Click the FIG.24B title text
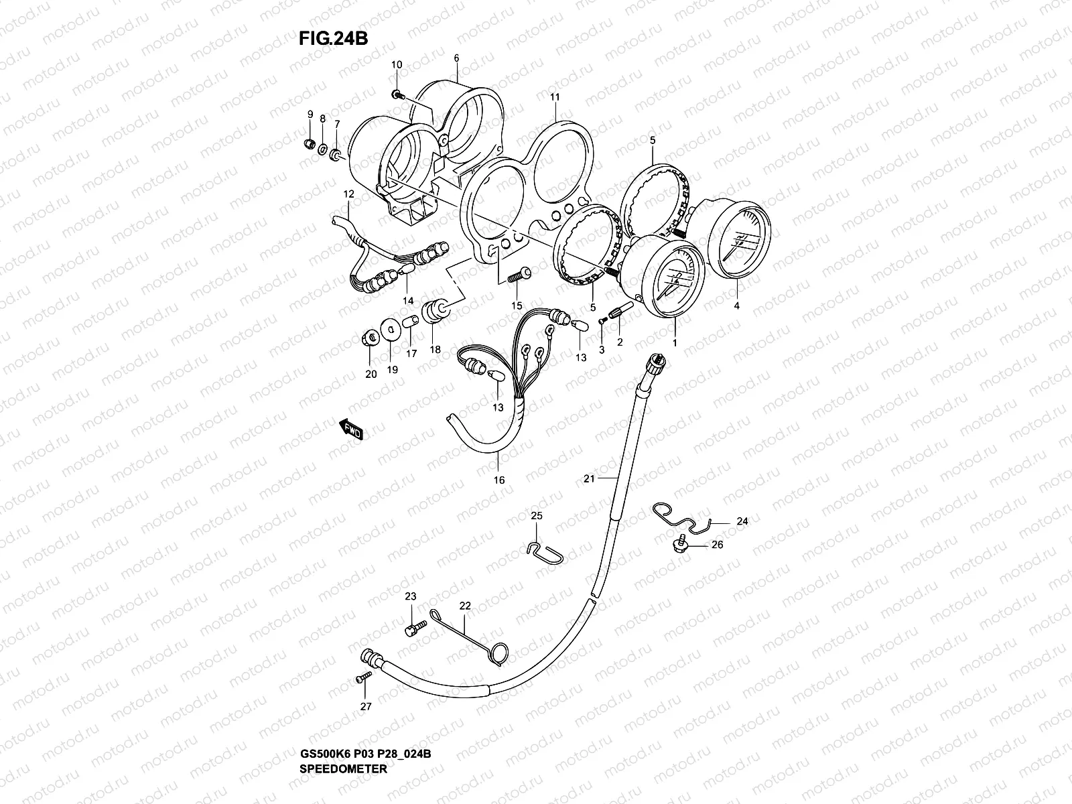pyautogui.click(x=334, y=39)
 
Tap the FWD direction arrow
pyautogui.click(x=351, y=429)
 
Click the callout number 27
pyautogui.click(x=365, y=706)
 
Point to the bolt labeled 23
pyautogui.click(x=415, y=628)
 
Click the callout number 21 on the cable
pyautogui.click(x=589, y=478)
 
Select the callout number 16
pyautogui.click(x=499, y=480)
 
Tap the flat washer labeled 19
pyautogui.click(x=389, y=329)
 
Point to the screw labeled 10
pyautogui.click(x=397, y=95)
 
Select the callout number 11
pyautogui.click(x=555, y=97)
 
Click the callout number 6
pyautogui.click(x=456, y=58)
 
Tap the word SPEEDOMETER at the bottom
pyautogui.click(x=344, y=769)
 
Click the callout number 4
pyautogui.click(x=737, y=306)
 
